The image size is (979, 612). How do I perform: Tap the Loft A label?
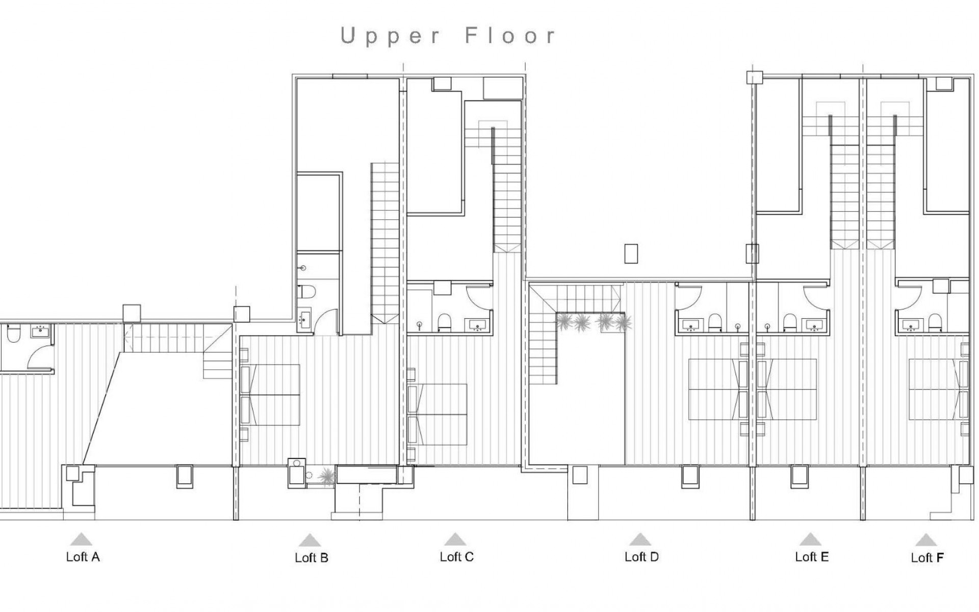pyautogui.click(x=83, y=557)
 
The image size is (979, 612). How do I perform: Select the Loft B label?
pyautogui.click(x=311, y=558)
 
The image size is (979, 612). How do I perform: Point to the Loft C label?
pyautogui.click(x=456, y=557)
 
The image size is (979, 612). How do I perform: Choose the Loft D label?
pyautogui.click(x=641, y=557)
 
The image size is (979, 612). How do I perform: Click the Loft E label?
pyautogui.click(x=812, y=557)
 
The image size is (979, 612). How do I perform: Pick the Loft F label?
pyautogui.click(x=927, y=558)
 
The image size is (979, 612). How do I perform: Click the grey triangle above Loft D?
pyautogui.click(x=640, y=540)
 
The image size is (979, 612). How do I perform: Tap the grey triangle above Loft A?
pyautogui.click(x=82, y=540)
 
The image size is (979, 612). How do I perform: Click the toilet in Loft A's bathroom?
pyautogui.click(x=13, y=334)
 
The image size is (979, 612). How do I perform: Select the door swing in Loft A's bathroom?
pyautogui.click(x=40, y=357)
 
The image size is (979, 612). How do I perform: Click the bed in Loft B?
pyautogui.click(x=270, y=395)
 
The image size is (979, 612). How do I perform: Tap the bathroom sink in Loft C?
pyautogui.click(x=477, y=324)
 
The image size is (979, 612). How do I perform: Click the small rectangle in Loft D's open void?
pyautogui.click(x=631, y=254)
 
